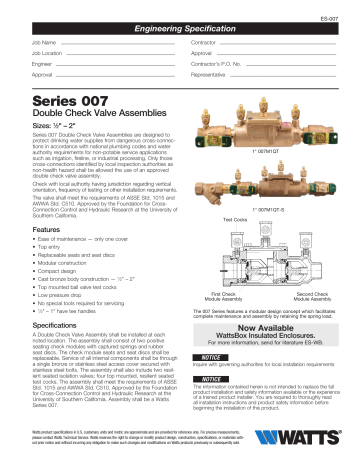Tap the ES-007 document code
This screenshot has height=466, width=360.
pos(339,18)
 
